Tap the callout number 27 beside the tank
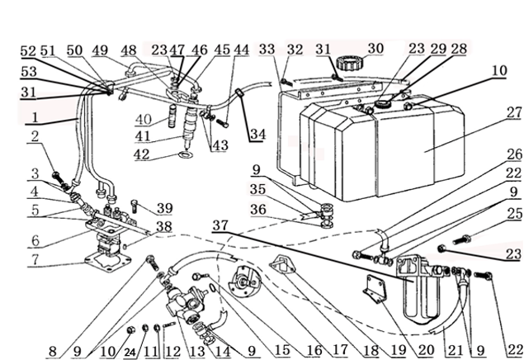point(513,112)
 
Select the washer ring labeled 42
point(184,154)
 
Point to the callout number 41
point(143,136)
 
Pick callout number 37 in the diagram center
point(220,225)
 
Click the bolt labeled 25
point(461,240)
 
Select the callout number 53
point(28,72)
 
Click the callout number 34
point(257,135)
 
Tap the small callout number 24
point(130,353)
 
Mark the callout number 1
point(35,117)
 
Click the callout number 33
point(267,50)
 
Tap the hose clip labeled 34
point(239,92)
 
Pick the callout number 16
point(314,350)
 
